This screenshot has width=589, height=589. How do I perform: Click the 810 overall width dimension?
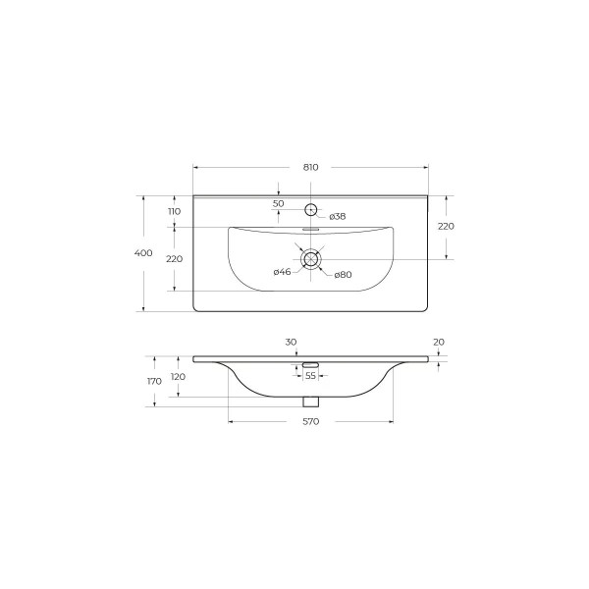(x=311, y=167)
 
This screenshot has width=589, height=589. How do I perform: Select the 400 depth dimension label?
(x=143, y=253)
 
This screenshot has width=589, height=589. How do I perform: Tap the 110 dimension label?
(x=174, y=211)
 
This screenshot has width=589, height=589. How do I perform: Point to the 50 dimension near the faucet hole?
(x=278, y=203)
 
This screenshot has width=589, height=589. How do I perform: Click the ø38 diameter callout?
(x=337, y=216)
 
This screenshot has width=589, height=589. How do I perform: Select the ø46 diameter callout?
(x=281, y=274)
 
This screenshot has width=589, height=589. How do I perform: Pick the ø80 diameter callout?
(x=343, y=275)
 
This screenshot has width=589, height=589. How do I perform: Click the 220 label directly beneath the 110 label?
(x=174, y=259)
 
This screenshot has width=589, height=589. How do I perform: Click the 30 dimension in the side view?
(x=291, y=342)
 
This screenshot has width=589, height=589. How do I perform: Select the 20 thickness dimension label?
(x=438, y=342)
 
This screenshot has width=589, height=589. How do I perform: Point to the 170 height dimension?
(x=154, y=380)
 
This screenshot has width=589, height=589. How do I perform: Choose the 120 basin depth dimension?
(x=178, y=376)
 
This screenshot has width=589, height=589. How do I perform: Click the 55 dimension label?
(x=310, y=376)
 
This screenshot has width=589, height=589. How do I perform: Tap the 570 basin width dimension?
(x=311, y=422)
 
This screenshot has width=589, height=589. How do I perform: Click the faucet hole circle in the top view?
(x=311, y=208)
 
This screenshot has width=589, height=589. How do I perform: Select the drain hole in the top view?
(x=311, y=259)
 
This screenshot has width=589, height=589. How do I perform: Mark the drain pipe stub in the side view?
(x=311, y=401)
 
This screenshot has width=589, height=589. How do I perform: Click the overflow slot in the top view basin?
(x=311, y=230)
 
